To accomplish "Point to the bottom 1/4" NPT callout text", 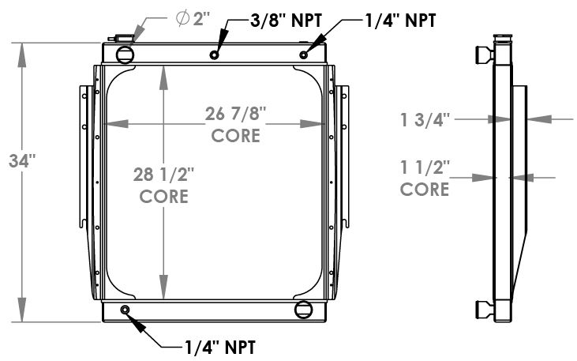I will pyautogui.click(x=219, y=345).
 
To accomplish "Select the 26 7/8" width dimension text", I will pyautogui.click(x=236, y=115).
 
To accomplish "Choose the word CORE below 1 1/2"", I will pyautogui.click(x=425, y=189).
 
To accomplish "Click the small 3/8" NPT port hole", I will pyautogui.click(x=215, y=55).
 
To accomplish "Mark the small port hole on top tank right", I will pyautogui.click(x=305, y=55).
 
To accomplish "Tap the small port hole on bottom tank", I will pyautogui.click(x=125, y=309).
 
